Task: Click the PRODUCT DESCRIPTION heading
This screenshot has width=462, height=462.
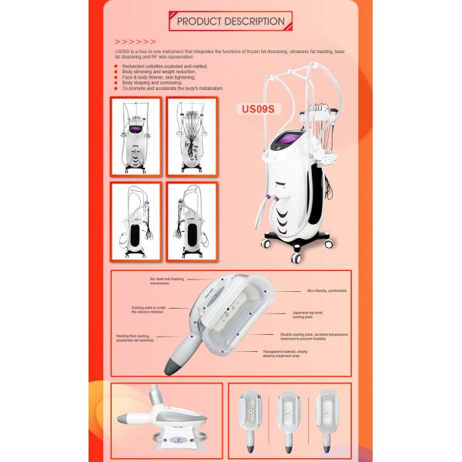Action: (230, 21)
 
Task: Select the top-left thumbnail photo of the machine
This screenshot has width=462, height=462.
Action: (136, 136)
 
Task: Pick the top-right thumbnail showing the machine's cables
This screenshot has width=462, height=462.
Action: (192, 136)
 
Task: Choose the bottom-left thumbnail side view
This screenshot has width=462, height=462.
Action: (136, 221)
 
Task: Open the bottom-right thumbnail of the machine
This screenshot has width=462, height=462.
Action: (192, 221)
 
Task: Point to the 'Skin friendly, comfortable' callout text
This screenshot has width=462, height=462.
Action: (323, 292)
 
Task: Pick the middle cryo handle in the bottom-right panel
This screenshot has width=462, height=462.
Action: (290, 417)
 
